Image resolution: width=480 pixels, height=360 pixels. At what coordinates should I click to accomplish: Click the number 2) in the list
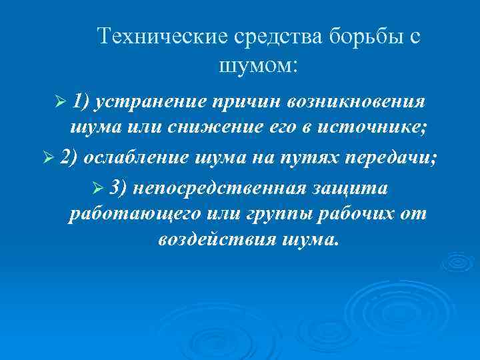tap(69, 158)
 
